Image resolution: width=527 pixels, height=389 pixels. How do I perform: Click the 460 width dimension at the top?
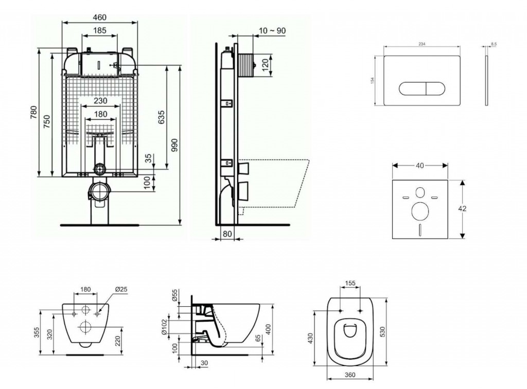99,17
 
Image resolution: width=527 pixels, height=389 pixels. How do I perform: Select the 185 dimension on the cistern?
100,31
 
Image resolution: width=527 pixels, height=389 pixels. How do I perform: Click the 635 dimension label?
162,117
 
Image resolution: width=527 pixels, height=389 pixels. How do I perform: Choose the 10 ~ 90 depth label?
273,31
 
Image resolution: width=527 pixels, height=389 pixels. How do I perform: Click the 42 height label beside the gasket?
463,209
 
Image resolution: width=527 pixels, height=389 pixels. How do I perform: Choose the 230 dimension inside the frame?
100,101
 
